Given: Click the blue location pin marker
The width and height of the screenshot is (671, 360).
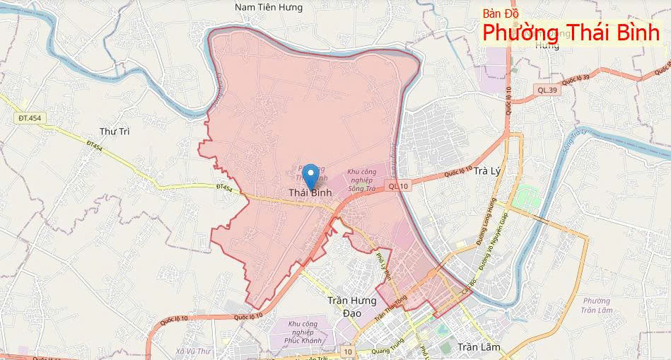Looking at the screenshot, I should (310, 175).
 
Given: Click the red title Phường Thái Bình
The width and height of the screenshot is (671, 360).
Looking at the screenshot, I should (571, 33).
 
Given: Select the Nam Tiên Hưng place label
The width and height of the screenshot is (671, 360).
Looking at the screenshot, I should (269, 8).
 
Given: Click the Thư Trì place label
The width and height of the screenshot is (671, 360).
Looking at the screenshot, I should (115, 132).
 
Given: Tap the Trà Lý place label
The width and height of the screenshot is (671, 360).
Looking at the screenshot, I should (487, 171).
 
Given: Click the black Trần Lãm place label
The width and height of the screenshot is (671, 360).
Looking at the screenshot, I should (479, 347).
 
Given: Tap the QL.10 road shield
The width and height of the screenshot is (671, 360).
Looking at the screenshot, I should (398, 186).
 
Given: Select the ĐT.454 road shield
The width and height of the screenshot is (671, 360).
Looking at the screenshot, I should (30, 117).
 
